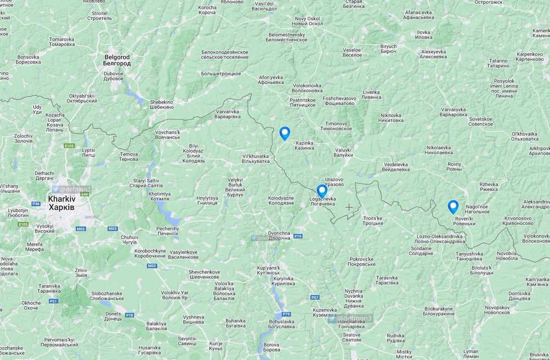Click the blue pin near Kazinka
[x=285, y=133]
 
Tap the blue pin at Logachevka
[x=322, y=191]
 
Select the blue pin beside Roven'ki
[x=453, y=207]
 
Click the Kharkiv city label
[x=62, y=203]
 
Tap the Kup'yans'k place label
[x=268, y=270]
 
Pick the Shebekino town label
[x=162, y=104]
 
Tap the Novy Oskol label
[x=306, y=21]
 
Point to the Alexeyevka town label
[x=433, y=55]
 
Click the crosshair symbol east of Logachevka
[x=349, y=207]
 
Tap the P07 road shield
[x=315, y=297]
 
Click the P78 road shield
[x=130, y=316]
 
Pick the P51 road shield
[x=54, y=301]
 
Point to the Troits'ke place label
[x=373, y=221]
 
